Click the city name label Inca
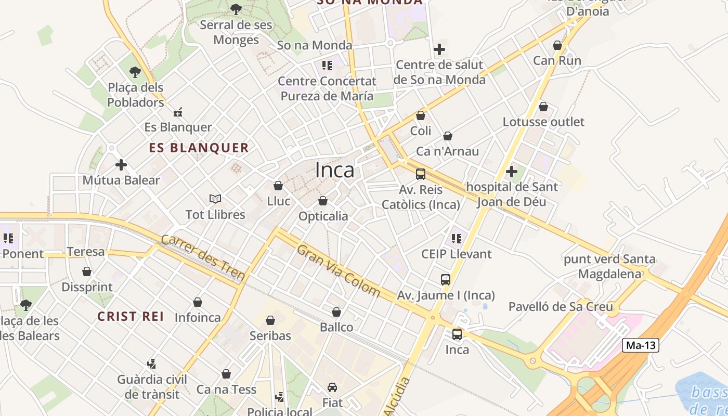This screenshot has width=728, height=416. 335,170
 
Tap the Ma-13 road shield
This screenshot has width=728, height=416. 641,345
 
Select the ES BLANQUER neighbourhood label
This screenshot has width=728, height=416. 199,148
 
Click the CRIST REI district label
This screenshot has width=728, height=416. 131,316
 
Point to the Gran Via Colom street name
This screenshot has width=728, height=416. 339,270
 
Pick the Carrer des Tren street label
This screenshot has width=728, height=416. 203,257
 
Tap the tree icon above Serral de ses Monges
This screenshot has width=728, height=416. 236,9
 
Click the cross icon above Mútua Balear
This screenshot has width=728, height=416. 121,165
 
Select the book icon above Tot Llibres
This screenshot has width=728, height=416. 215,199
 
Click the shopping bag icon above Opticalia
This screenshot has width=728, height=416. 323,201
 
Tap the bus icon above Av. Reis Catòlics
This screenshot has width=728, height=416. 421,174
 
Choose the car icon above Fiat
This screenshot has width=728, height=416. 332,387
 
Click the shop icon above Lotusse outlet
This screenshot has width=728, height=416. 543,107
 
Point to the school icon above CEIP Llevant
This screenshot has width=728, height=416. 457,239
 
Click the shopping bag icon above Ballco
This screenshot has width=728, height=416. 336,312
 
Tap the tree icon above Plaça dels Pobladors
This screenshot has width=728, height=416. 135,72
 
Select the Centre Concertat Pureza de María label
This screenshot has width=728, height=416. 327,88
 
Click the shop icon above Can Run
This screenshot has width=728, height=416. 557,45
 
